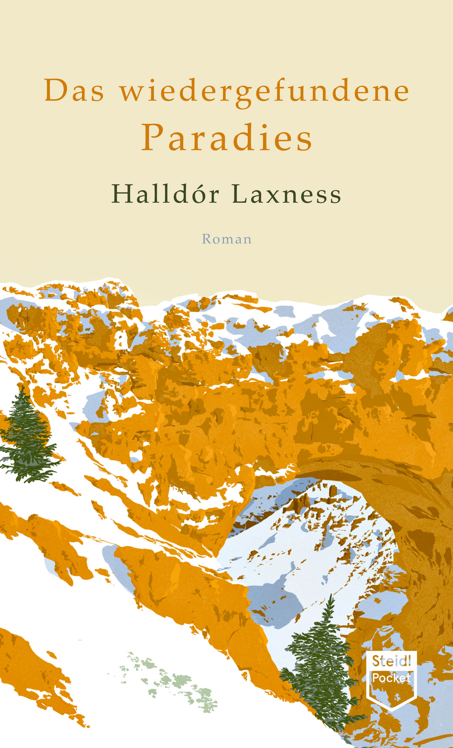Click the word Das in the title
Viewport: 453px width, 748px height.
pos(74,91)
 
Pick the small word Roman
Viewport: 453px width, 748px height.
pos(226,239)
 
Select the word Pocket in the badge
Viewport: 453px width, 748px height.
pos(391,678)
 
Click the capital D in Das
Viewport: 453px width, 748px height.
pos(56,91)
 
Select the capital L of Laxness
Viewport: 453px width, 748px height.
pos(239,195)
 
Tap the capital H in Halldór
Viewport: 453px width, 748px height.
pos(122,195)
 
